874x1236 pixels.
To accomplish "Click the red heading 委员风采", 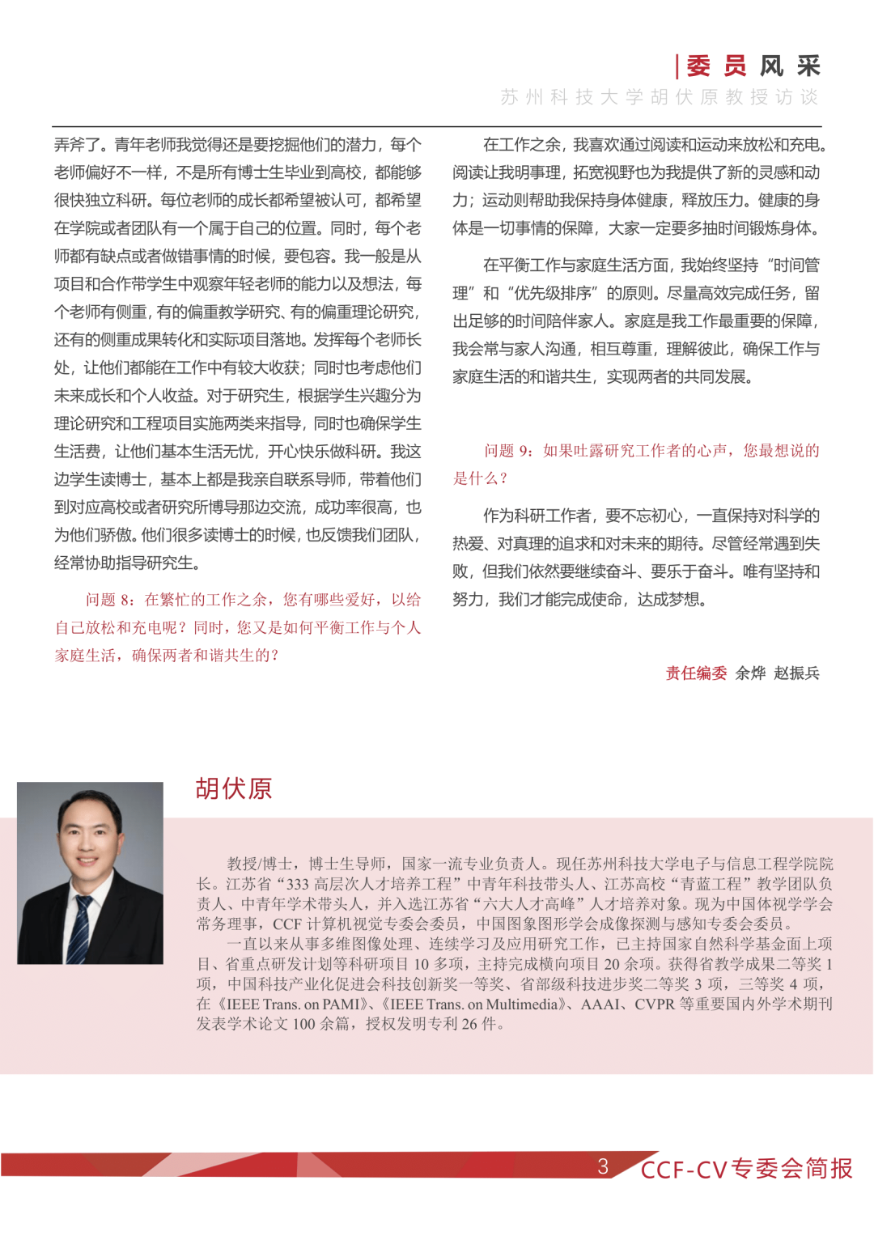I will [x=753, y=66].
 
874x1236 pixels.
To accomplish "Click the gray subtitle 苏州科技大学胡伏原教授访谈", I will [x=660, y=97].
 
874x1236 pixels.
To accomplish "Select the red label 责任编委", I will [x=696, y=673].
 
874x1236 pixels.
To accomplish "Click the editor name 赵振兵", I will [x=796, y=673].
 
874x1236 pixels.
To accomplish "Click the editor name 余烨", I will [x=750, y=673].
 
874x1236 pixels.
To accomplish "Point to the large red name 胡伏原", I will [x=234, y=788].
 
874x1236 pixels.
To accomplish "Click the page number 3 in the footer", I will [x=603, y=1166].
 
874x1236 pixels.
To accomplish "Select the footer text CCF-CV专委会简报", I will [x=746, y=1169].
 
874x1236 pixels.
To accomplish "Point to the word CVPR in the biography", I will [x=654, y=1005].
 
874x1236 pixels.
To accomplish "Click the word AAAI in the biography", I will [x=602, y=1005].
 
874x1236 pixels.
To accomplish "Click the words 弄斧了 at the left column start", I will [x=79, y=145].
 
